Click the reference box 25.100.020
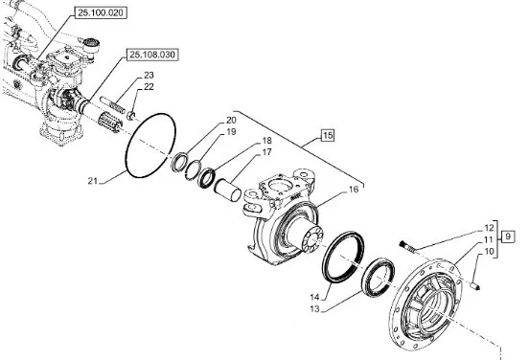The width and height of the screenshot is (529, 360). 101,12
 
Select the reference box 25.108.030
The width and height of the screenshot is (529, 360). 152,55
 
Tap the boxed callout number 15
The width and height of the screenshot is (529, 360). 327,136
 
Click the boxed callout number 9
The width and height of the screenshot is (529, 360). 508,236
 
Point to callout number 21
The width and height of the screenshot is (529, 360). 92,181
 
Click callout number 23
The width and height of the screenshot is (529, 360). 149,76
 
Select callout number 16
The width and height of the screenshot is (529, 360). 354,190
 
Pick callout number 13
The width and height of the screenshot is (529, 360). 314,308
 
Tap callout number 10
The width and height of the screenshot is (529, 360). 489,252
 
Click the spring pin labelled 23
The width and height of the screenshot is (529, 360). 113,105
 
